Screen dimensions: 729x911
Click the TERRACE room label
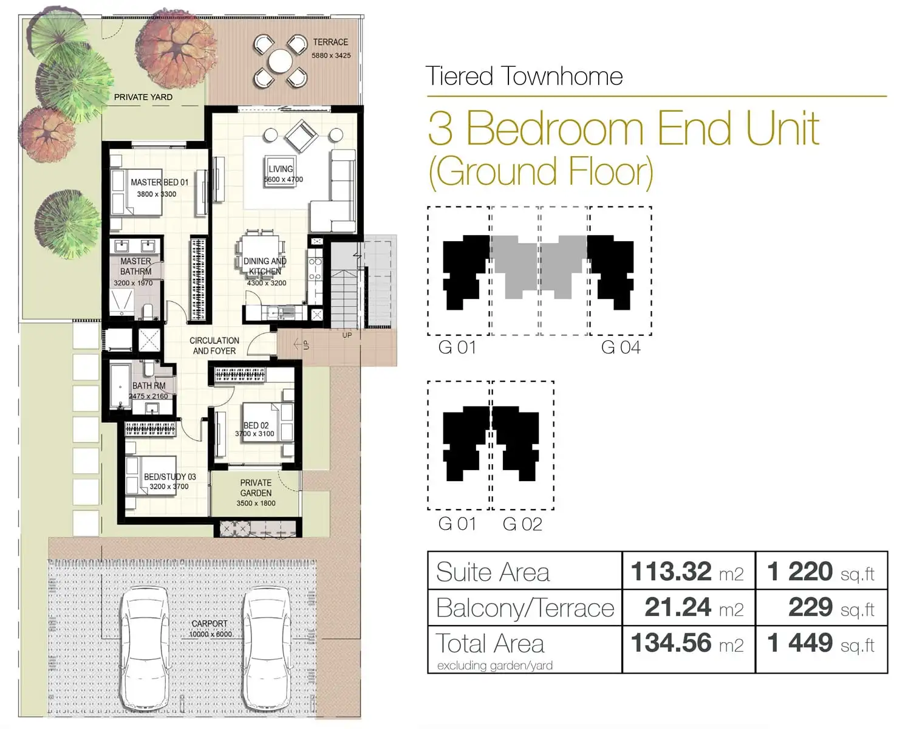click(330, 42)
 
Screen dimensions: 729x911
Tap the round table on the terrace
click(280, 61)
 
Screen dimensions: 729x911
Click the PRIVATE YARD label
click(143, 97)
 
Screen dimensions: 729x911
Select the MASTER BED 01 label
click(159, 182)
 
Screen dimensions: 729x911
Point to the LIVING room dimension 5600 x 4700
click(283, 180)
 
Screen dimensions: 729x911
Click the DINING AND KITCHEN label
click(265, 266)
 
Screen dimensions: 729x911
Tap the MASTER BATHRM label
click(135, 266)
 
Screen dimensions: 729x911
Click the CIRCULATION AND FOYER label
click(214, 346)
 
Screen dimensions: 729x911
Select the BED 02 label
click(256, 425)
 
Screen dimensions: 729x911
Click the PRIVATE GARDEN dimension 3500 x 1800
click(256, 503)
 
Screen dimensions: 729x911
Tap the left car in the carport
click(145, 644)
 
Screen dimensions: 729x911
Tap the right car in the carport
click(268, 644)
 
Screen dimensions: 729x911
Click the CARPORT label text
click(210, 624)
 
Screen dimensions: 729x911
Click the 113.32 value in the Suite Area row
click(670, 572)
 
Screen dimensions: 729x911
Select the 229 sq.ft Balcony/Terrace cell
click(821, 607)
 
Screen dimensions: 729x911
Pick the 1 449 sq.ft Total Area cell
click(821, 643)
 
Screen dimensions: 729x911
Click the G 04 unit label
click(620, 347)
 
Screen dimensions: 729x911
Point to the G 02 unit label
click(522, 524)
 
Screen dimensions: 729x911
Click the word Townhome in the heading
click(562, 77)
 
